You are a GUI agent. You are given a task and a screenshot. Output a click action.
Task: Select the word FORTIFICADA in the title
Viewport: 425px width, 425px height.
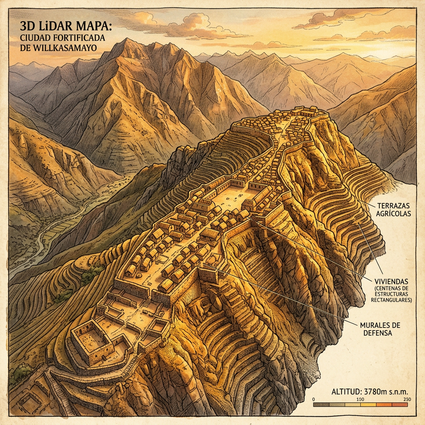(x=79, y=38)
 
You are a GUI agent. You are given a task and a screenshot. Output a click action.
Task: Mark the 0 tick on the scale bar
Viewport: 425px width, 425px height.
(x=314, y=399)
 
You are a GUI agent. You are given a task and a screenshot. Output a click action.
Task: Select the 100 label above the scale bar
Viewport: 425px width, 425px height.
(x=360, y=399)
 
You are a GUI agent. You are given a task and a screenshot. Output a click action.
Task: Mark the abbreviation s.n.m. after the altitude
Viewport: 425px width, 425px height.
(x=400, y=391)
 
